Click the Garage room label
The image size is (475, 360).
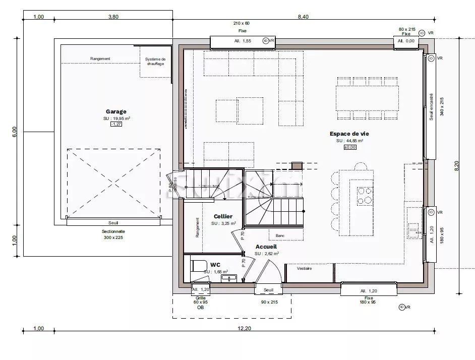pos(116,111)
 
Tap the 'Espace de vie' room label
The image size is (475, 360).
pos(349,134)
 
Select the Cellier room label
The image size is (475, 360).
pos(223,216)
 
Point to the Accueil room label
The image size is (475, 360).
pos(266,247)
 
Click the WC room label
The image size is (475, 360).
pos(215,264)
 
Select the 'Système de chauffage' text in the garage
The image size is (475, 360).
pos(155,62)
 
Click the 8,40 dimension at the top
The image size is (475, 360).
pos(303,17)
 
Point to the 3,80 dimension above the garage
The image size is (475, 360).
pos(113,17)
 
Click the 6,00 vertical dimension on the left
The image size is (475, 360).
pos(14,131)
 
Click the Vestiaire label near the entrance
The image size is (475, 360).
pos(304,268)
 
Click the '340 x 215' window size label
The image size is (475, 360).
pos(442,106)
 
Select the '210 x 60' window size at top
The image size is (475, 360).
pos(242,23)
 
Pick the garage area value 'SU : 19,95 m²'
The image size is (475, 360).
pos(116,118)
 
